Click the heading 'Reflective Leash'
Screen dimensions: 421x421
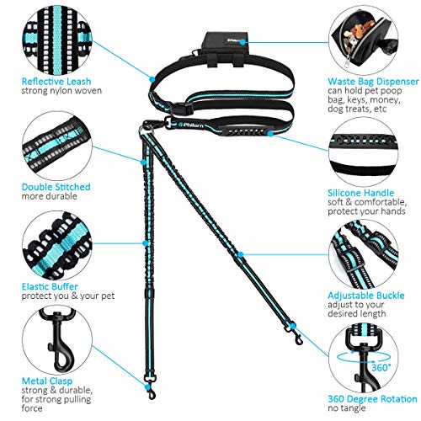click(x=56, y=82)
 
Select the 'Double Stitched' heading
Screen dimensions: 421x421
click(x=56, y=187)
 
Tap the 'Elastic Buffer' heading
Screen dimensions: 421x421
click(x=50, y=286)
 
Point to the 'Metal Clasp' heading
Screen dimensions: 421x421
click(x=47, y=381)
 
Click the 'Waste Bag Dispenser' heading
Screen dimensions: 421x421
click(x=373, y=82)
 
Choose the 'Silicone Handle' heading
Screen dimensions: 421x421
click(x=361, y=193)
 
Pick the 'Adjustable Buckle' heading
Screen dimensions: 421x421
click(x=366, y=296)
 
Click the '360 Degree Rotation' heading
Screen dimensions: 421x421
click(x=372, y=399)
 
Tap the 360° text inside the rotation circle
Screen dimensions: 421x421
click(x=381, y=367)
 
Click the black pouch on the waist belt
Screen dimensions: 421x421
click(x=225, y=48)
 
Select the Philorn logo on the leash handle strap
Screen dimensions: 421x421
click(x=191, y=125)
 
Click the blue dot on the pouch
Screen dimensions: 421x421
click(x=242, y=42)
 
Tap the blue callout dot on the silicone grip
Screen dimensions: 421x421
click(x=270, y=134)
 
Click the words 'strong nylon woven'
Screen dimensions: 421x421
click(x=61, y=91)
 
